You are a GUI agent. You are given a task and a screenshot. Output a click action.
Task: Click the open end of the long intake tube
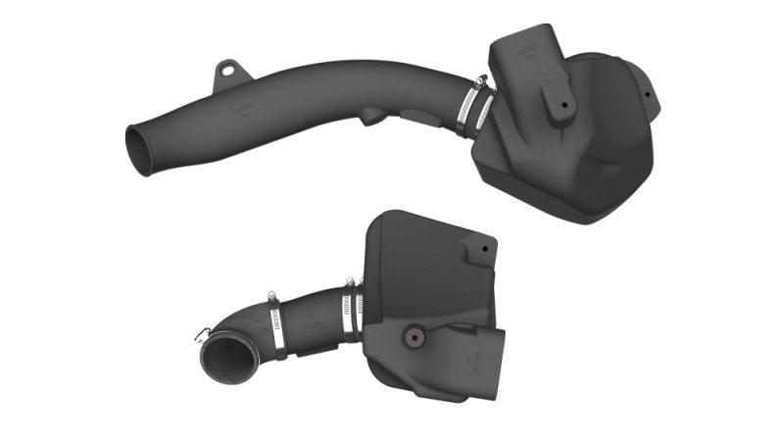(140, 151)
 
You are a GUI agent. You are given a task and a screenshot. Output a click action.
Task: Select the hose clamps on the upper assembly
(473, 108)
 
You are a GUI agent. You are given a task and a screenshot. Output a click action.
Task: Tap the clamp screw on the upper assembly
(479, 82)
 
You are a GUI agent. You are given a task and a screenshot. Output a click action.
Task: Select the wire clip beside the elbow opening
(202, 335)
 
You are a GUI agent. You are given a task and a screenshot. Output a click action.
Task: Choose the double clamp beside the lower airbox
(352, 312)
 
